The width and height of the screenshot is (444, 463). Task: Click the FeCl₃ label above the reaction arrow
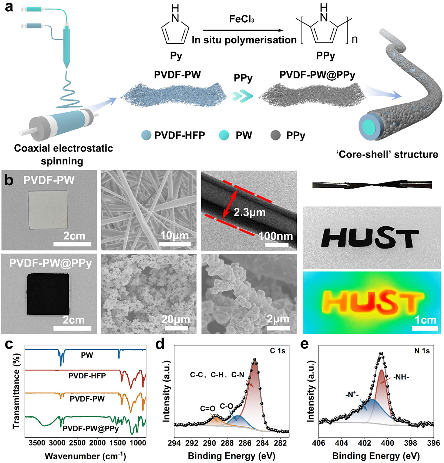[242, 19]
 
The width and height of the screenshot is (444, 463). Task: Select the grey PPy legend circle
[276, 136]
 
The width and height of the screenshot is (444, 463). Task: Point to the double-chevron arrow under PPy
[243, 96]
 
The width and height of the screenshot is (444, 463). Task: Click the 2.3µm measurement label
[250, 213]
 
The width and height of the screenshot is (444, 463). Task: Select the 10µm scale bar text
[174, 236]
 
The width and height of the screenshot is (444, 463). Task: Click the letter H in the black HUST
[335, 238]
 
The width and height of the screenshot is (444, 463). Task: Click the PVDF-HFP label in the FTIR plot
[87, 376]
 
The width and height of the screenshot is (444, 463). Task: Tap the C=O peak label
[208, 409]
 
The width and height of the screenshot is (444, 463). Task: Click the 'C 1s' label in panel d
[277, 351]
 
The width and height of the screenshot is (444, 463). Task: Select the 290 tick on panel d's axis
[209, 443]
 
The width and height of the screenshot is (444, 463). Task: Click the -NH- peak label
[401, 378]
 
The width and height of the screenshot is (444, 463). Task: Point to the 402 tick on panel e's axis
[364, 443]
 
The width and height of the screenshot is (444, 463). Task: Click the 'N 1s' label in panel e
[422, 351]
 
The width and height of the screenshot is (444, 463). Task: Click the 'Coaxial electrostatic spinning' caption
[63, 155]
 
